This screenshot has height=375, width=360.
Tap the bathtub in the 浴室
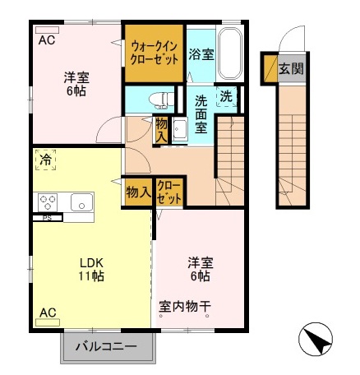pos(229,54)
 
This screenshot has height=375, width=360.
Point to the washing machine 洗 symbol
pos(226,96)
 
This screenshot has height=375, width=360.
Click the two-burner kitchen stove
pos(47,201)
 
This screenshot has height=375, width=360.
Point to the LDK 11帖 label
pos(91,270)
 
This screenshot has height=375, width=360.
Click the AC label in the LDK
pos(48,312)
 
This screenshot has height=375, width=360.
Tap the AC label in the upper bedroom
pos(47,39)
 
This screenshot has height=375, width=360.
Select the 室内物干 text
pos(186,303)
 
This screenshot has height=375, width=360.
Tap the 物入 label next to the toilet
pos(163,130)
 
